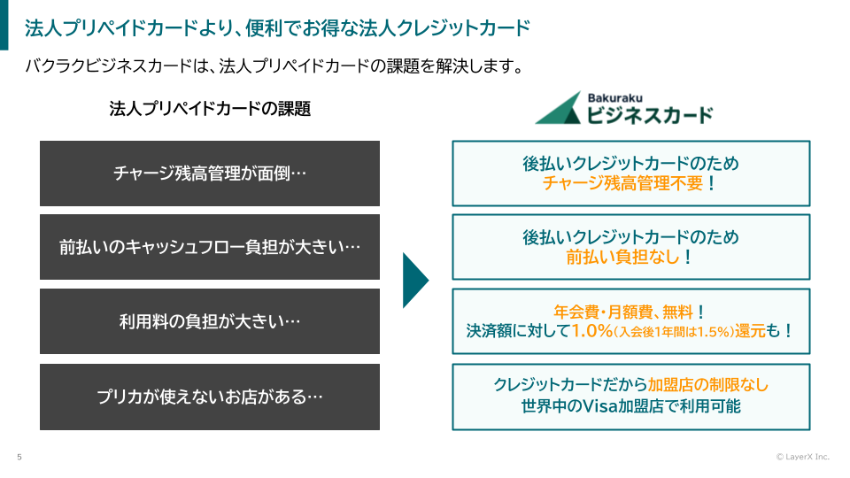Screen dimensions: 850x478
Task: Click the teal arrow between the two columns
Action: point(415,281)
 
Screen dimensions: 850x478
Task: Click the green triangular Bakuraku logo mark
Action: point(559,108)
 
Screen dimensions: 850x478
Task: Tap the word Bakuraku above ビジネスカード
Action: point(614,98)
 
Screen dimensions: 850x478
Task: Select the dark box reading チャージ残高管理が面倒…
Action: point(210,173)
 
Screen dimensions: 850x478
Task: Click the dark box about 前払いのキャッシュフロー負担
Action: point(210,247)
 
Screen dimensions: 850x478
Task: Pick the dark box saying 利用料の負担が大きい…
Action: point(210,321)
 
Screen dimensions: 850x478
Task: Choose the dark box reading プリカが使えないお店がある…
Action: point(210,397)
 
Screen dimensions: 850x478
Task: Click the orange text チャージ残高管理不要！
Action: point(630,183)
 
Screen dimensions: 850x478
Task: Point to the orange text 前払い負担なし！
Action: point(630,257)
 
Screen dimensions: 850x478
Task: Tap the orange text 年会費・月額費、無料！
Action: point(630,312)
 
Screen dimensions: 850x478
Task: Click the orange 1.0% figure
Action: point(592,330)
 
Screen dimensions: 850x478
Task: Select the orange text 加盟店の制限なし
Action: point(708,384)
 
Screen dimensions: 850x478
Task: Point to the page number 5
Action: point(19,457)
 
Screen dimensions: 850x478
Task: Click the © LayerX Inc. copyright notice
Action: point(803,457)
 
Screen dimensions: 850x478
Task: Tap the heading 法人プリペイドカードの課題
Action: point(210,109)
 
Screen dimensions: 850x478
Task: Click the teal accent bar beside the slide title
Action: point(4,25)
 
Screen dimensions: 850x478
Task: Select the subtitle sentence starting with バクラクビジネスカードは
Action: point(274,66)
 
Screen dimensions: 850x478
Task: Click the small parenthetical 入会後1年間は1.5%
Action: point(673,331)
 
